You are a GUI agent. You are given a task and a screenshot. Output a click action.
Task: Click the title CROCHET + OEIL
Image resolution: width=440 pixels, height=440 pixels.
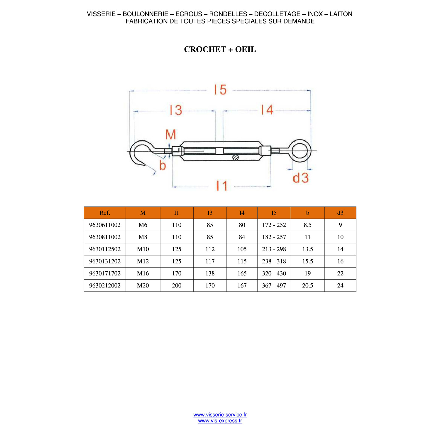[220, 49]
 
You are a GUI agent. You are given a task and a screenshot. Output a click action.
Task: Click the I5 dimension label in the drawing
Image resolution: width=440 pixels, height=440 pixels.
[220, 90]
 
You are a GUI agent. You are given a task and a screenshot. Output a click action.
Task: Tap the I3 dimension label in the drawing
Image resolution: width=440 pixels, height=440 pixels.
[176, 110]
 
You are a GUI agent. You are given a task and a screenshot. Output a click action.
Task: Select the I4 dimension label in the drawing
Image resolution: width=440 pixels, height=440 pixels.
[267, 110]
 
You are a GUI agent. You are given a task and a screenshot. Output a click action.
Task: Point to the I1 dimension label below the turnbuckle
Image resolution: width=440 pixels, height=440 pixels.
[222, 186]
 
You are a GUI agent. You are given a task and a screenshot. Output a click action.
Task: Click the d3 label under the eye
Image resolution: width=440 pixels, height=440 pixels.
[301, 178]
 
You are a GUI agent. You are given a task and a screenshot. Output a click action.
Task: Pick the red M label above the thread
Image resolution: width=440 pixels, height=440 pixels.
[171, 135]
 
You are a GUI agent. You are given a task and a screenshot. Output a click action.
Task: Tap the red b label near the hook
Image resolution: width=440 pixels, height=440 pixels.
[163, 165]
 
